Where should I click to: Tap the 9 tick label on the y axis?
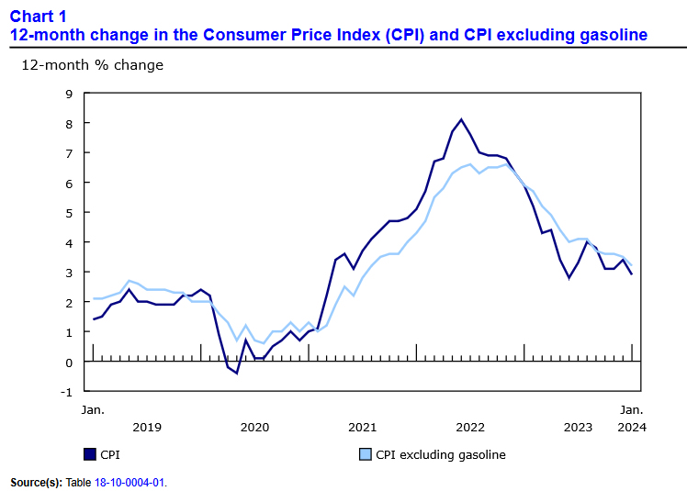(68, 94)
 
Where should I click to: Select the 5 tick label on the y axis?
(68, 213)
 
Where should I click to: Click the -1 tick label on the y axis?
(66, 392)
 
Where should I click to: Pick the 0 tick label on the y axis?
(68, 363)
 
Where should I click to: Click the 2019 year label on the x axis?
(147, 427)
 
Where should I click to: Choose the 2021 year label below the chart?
(363, 427)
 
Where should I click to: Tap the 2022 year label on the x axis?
(470, 427)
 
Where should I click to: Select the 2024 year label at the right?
(631, 427)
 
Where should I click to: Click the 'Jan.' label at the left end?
(93, 409)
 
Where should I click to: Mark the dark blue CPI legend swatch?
(89, 454)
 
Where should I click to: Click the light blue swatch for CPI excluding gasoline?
(364, 454)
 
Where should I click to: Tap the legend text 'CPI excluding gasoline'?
(441, 454)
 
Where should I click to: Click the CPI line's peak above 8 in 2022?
(461, 119)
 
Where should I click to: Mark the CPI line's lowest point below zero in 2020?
(236, 374)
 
